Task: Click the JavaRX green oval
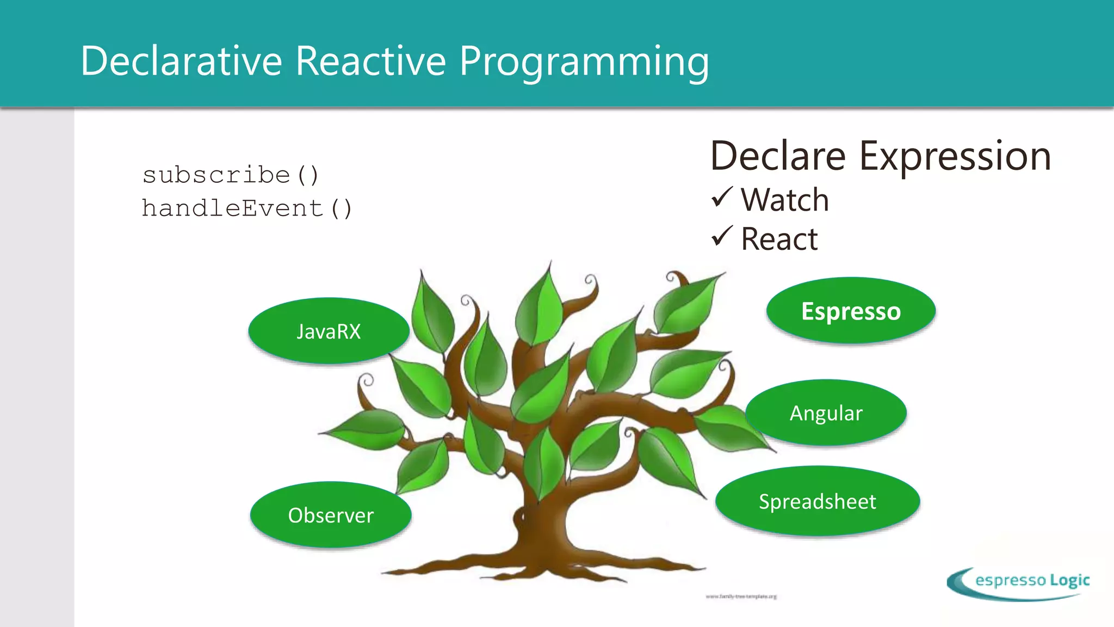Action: click(329, 331)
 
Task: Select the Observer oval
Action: click(331, 515)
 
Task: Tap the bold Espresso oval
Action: click(851, 311)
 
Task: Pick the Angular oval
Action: click(826, 413)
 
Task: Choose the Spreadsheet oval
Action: click(817, 501)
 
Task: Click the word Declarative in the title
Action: click(181, 60)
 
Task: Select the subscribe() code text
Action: click(231, 175)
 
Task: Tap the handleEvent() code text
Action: click(247, 208)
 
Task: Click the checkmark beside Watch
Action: click(722, 197)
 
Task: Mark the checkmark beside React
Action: click(722, 236)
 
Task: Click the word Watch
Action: click(785, 200)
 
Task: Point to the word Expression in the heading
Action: click(955, 157)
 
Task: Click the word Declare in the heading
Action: click(778, 156)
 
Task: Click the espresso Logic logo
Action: click(1018, 583)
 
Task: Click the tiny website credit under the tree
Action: click(741, 597)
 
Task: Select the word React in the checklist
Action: click(779, 239)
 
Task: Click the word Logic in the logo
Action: click(1069, 580)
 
